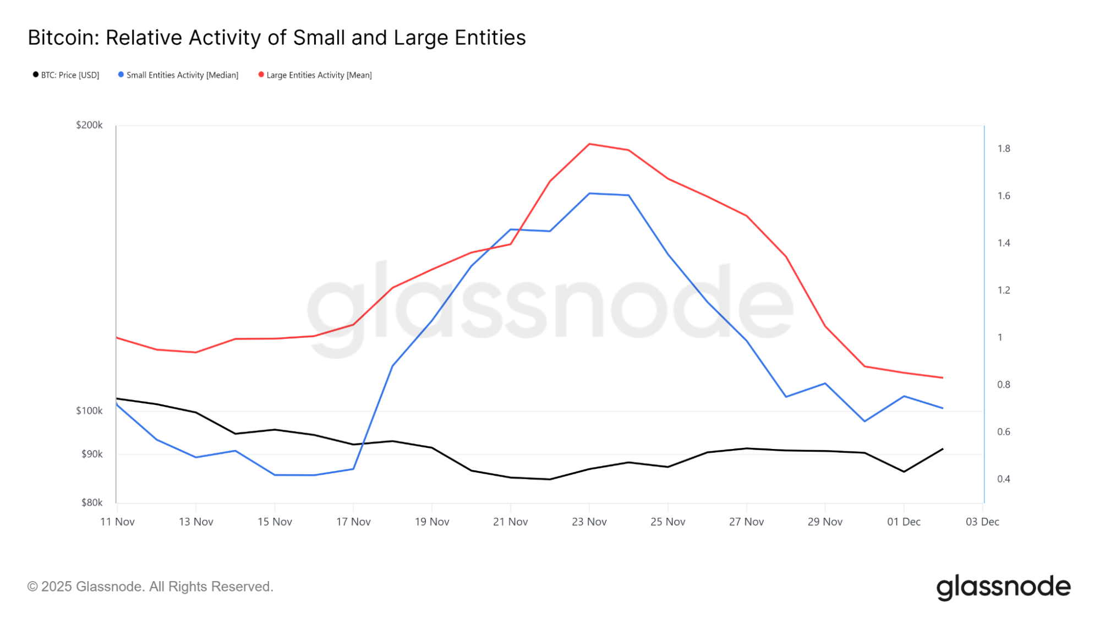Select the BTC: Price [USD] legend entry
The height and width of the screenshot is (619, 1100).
coord(66,75)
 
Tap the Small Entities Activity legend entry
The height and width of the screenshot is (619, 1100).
coord(178,75)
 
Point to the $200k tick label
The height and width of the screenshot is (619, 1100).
coord(89,125)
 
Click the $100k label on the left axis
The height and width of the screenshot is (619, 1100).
coord(89,411)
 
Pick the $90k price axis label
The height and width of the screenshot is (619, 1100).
coord(92,454)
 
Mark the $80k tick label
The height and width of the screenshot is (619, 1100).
coord(92,503)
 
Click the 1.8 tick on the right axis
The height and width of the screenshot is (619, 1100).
coord(1004,149)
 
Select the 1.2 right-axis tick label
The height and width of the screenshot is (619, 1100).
coord(1004,291)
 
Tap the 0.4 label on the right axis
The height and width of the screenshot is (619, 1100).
coord(1004,479)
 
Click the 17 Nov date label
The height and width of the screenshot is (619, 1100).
coord(353,522)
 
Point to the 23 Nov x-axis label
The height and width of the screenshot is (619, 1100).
coord(589,522)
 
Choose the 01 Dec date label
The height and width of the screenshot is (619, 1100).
coord(904,522)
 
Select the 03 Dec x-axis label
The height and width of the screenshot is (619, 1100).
coord(982,522)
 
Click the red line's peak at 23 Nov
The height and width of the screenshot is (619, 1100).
coord(589,144)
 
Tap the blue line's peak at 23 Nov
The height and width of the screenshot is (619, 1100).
coord(589,194)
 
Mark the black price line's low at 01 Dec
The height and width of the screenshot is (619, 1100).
coord(904,472)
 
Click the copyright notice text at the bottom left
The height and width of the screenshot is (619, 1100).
coord(150,587)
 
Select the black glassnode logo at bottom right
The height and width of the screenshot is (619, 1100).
coord(1003,587)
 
